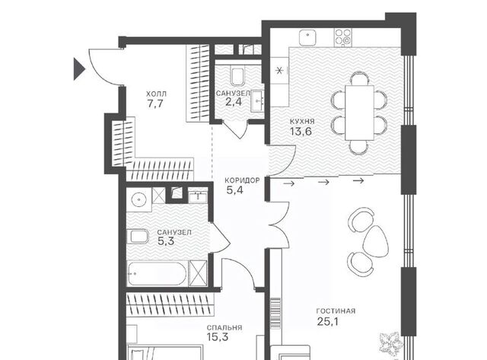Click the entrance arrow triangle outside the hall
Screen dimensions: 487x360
coord(78,69)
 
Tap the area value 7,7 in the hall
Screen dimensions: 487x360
coord(155,104)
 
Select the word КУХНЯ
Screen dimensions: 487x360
coord(302,122)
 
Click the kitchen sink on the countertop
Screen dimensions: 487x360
coord(307,38)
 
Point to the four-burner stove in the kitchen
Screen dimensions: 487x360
coord(344,37)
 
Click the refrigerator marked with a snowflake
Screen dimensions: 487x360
coord(279,71)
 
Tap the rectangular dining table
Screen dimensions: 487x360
coord(359,113)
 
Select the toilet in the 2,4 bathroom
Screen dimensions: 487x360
coord(237,76)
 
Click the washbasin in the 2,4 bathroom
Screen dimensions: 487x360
coord(257,101)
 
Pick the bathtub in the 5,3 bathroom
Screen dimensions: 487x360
coord(158,274)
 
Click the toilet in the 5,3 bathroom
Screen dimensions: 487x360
coord(138,237)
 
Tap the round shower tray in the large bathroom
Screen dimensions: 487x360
coord(138,199)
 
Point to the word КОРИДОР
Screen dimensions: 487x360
coord(242,180)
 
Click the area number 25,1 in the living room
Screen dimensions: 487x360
coord(328,321)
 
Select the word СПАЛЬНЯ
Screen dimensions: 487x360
coord(224,328)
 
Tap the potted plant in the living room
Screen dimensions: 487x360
coord(391,343)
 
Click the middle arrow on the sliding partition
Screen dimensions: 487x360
coord(323,182)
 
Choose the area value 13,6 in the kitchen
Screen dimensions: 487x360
coord(301,132)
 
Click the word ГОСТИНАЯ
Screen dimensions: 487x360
coord(336,311)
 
